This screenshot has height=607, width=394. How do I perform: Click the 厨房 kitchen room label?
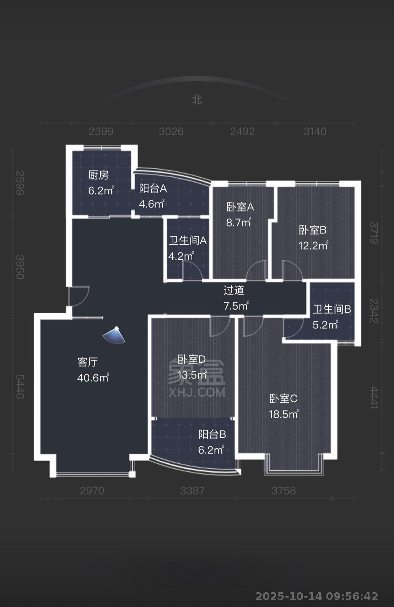tap(98, 175)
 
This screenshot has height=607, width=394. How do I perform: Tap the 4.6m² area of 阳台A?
tap(152, 204)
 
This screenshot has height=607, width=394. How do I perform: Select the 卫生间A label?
tap(187, 241)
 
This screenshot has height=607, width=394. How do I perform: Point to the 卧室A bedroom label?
tap(240, 207)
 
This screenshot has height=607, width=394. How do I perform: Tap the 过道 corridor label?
tap(234, 290)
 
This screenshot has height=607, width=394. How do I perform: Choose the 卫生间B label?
tap(332, 309)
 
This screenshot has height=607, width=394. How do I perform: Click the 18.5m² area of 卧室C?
tap(283, 414)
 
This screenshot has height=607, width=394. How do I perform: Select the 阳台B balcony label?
tap(212, 435)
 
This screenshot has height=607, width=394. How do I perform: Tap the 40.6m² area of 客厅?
tap(93, 378)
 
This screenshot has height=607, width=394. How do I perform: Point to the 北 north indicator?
tap(197, 100)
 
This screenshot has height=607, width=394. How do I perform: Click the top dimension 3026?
tap(171, 131)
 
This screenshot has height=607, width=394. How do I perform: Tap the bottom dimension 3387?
tap(192, 491)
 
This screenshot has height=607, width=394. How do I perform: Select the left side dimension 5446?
tap(20, 386)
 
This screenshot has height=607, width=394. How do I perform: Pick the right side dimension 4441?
tap(374, 397)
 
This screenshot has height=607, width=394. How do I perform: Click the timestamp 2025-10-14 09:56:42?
tap(317, 596)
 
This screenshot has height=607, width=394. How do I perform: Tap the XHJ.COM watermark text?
tap(197, 392)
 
